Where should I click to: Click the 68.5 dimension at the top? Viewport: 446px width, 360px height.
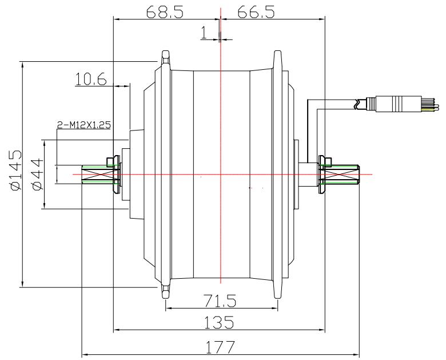pos(165,12)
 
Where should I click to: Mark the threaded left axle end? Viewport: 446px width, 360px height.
pos(95,174)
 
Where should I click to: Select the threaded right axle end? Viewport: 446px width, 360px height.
pos(343,174)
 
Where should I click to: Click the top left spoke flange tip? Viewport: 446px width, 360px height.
pos(165,56)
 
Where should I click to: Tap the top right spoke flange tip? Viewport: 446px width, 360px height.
pos(278,56)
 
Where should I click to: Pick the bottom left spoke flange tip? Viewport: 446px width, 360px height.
pos(165,292)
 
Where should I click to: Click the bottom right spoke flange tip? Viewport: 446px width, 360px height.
pos(278,292)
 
